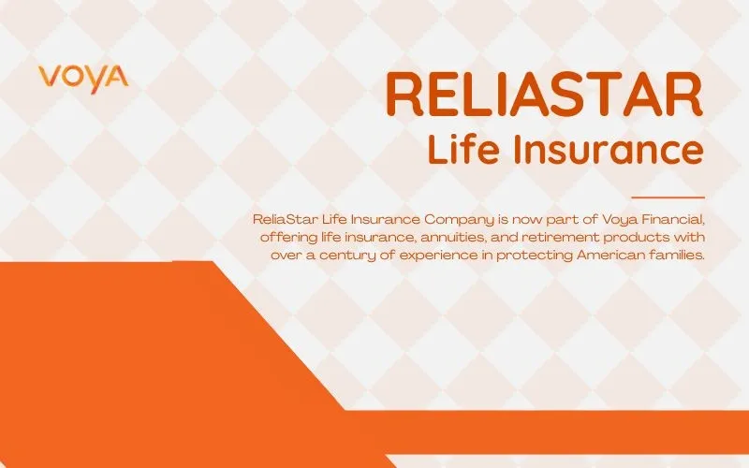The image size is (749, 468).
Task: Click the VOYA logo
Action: point(83,76)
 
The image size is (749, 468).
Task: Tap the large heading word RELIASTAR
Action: point(544,95)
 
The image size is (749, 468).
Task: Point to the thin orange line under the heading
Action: point(668,197)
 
